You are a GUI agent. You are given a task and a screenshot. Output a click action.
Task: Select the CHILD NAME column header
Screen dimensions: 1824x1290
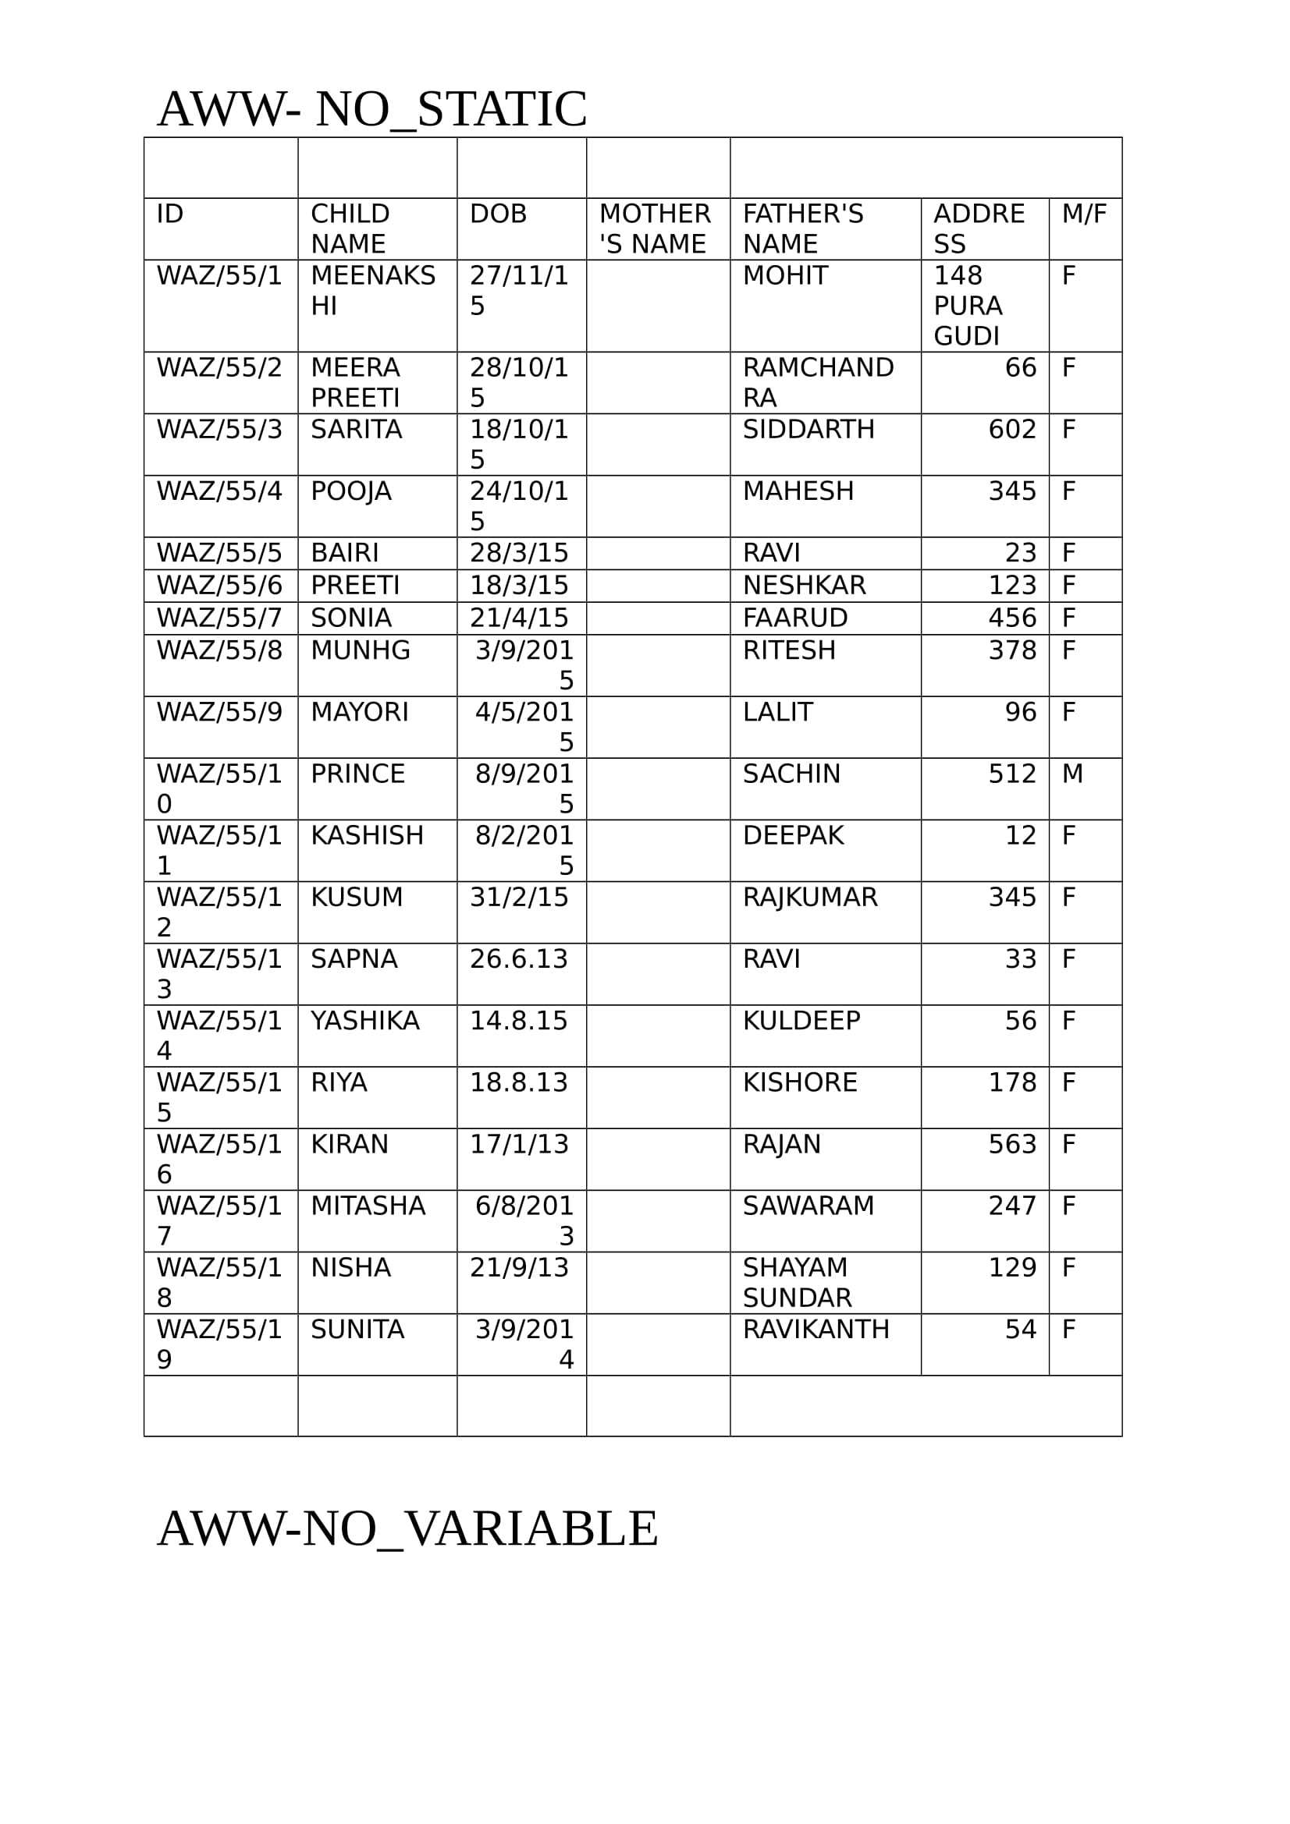350,228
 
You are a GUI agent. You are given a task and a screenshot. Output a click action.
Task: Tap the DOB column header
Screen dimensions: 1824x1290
498,214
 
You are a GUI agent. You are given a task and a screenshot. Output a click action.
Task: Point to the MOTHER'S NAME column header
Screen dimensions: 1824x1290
654,228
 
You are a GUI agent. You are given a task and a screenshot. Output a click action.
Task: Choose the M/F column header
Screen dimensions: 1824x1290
1083,214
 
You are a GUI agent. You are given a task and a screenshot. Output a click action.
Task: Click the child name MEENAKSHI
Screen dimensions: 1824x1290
372,291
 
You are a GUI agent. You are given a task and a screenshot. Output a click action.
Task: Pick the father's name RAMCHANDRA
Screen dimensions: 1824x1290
817,382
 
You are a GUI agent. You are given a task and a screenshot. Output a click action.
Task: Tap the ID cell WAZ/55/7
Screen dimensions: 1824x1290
219,618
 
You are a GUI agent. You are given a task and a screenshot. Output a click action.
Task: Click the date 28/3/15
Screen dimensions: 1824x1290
518,553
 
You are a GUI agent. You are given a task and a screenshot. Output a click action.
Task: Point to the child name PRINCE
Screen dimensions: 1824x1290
357,774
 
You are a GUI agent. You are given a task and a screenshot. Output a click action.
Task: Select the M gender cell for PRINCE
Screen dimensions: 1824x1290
1072,774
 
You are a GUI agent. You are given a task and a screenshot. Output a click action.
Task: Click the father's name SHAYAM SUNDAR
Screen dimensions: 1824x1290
797,1282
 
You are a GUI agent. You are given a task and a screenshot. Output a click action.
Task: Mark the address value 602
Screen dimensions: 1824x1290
1012,429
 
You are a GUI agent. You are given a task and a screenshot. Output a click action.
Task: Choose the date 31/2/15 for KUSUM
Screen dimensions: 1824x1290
518,897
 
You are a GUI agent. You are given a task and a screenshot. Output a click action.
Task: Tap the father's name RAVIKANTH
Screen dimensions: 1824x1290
816,1329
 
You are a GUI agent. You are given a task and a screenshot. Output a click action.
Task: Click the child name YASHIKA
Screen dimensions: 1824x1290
364,1020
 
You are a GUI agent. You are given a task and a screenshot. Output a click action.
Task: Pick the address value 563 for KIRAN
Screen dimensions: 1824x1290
1012,1144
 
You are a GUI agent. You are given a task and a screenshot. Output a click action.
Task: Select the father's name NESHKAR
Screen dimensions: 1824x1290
804,586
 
